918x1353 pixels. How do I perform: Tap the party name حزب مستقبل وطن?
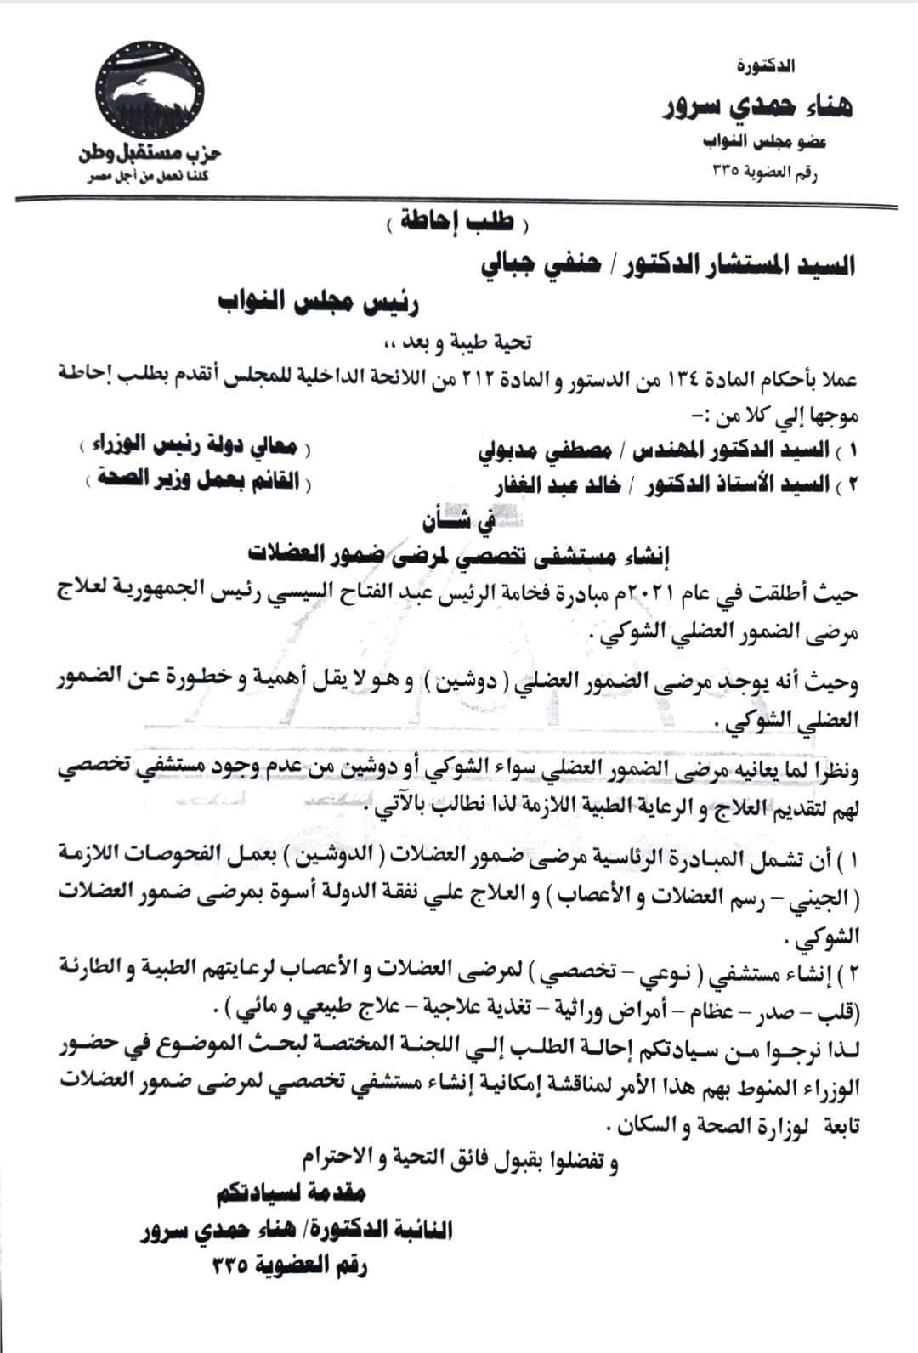coord(150,154)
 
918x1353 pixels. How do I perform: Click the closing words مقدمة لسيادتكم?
coord(291,1193)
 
